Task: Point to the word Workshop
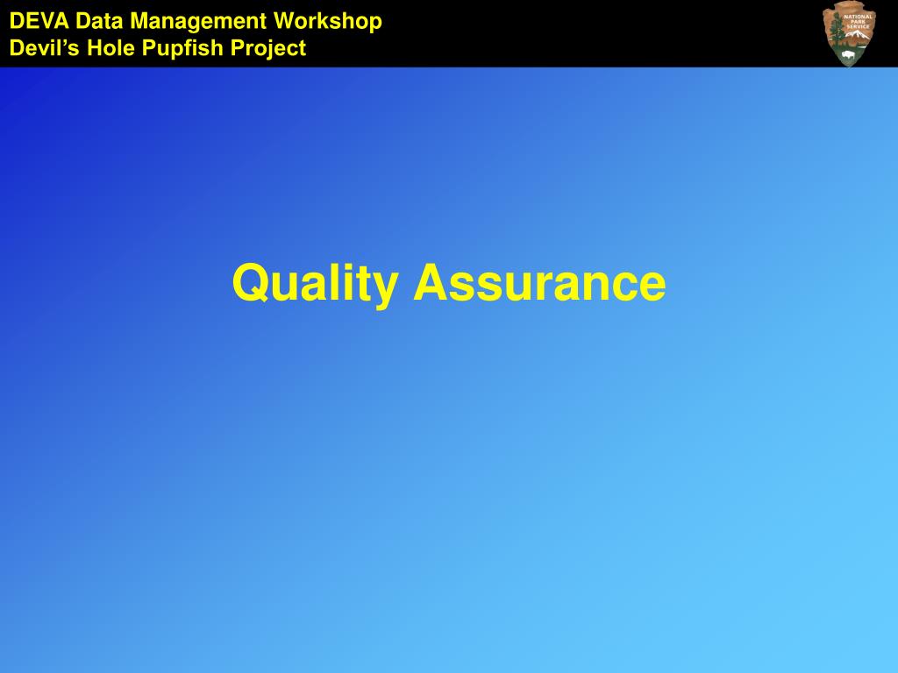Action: (x=328, y=22)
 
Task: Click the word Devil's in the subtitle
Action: (x=44, y=48)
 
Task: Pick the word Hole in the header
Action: (x=110, y=48)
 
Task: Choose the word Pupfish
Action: (x=182, y=49)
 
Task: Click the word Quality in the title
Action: (x=316, y=283)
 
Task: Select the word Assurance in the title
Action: (x=539, y=282)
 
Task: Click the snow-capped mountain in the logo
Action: (x=859, y=38)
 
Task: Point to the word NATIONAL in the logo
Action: (x=858, y=18)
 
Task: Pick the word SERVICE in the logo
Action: (x=858, y=27)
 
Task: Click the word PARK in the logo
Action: (x=858, y=22)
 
